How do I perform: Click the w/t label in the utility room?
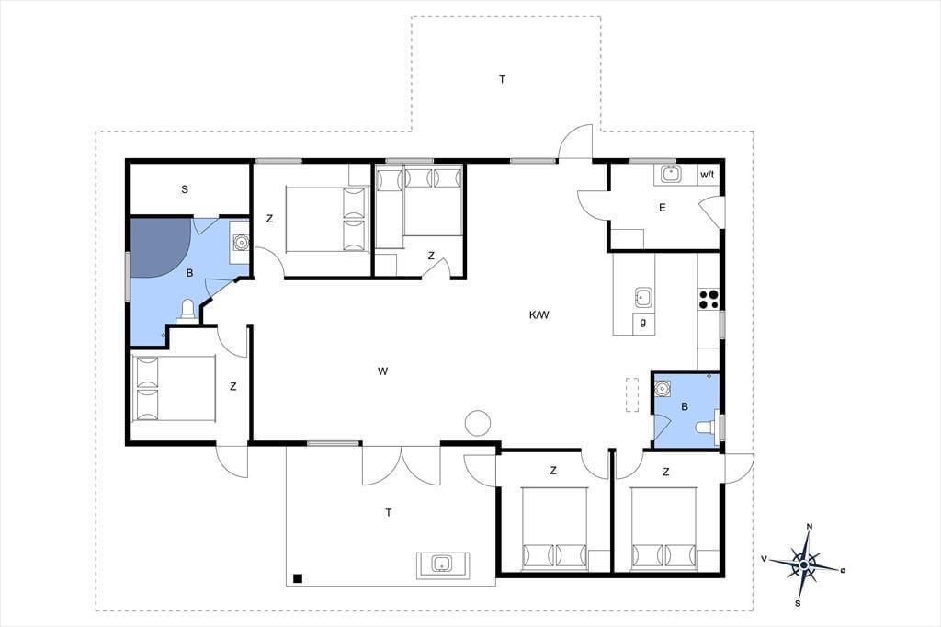pyautogui.click(x=707, y=175)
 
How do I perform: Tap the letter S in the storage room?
pyautogui.click(x=185, y=189)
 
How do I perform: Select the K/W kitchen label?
pyautogui.click(x=539, y=314)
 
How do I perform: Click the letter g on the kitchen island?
pyautogui.click(x=643, y=323)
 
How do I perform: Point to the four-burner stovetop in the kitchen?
pyautogui.click(x=709, y=299)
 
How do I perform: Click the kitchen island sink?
pyautogui.click(x=644, y=297)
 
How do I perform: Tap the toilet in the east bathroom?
pyautogui.click(x=707, y=427)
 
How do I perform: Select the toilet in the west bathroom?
pyautogui.click(x=187, y=311)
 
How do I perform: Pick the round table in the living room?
pyautogui.click(x=478, y=422)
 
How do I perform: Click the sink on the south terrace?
pyautogui.click(x=443, y=564)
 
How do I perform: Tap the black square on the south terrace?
pyautogui.click(x=297, y=579)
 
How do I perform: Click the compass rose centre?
pyautogui.click(x=803, y=565)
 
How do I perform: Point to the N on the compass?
pyautogui.click(x=810, y=527)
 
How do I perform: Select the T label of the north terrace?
pyautogui.click(x=503, y=79)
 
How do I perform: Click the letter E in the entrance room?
pyautogui.click(x=663, y=208)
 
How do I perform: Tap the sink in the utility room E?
pyautogui.click(x=670, y=175)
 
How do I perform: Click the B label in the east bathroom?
pyautogui.click(x=685, y=406)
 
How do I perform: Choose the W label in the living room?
pyautogui.click(x=383, y=371)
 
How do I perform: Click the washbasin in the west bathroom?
pyautogui.click(x=241, y=242)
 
